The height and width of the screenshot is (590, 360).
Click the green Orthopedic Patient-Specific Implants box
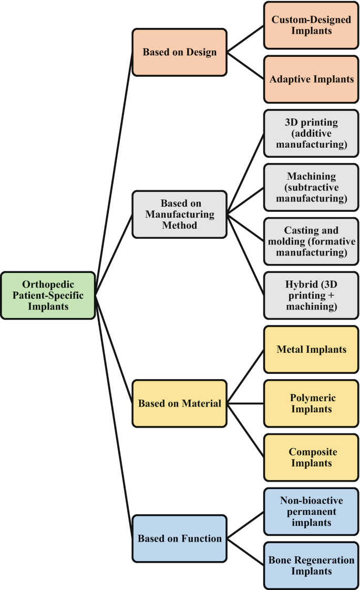tap(48, 295)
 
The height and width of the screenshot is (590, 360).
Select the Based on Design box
tap(179, 52)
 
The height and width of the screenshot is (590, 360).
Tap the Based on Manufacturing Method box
tap(179, 214)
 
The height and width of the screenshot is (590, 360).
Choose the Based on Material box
tap(179, 403)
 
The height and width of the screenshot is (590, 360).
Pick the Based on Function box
tap(179, 538)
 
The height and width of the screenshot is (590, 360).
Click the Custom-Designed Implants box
tap(311, 25)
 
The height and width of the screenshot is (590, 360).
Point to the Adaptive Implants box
tap(311, 79)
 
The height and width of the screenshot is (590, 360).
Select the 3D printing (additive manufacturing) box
tap(311, 133)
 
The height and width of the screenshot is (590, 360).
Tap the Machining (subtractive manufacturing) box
tap(311, 187)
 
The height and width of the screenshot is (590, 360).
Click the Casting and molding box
tap(311, 241)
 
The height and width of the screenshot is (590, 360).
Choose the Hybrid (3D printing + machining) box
tap(311, 295)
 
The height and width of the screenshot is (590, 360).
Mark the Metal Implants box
tap(311, 349)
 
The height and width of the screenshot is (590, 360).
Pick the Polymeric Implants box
tap(311, 403)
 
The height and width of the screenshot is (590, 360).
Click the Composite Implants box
tap(311, 457)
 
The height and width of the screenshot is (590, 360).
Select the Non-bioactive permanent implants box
tap(311, 512)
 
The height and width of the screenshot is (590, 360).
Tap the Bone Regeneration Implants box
tap(311, 565)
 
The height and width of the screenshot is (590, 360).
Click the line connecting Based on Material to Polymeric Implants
tap(245, 403)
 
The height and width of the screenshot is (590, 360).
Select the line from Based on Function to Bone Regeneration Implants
tap(245, 552)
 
